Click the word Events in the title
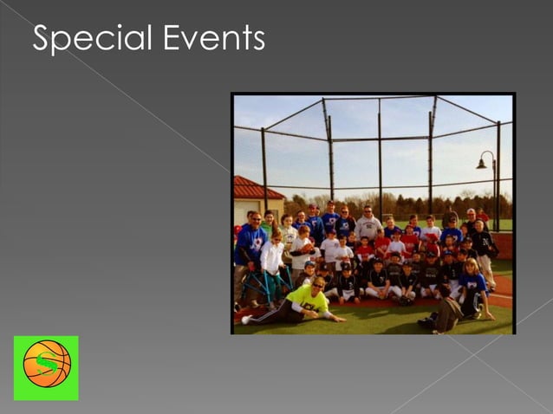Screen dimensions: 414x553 [x=211, y=37]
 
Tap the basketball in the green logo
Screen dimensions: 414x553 [x=46, y=364]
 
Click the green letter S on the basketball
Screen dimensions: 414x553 [x=46, y=365]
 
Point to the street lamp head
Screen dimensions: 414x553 [x=482, y=163]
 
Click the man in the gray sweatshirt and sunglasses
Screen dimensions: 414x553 [x=368, y=226]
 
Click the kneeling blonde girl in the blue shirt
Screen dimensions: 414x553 [x=473, y=283]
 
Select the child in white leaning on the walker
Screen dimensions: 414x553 [x=272, y=260]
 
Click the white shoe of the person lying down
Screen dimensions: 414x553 [x=246, y=320]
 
